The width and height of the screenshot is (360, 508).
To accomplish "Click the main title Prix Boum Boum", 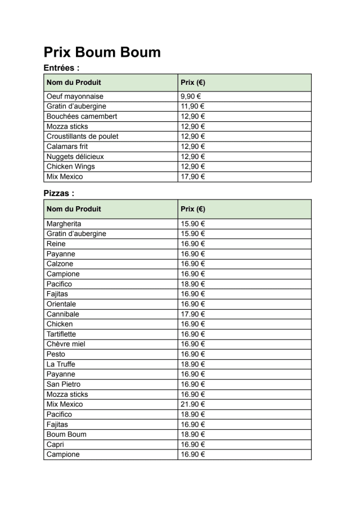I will (102, 52).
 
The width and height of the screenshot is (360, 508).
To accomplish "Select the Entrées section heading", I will (61, 68).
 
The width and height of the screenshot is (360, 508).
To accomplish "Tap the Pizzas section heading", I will (59, 193).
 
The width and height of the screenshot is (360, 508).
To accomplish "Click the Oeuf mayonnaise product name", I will (75, 96).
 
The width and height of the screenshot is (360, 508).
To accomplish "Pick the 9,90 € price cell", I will (192, 96).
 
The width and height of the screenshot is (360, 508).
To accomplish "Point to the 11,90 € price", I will (193, 106).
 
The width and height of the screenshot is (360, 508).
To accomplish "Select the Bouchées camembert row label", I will (82, 116).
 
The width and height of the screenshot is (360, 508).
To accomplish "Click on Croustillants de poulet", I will (82, 137).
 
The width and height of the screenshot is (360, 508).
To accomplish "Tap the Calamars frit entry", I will (67, 147).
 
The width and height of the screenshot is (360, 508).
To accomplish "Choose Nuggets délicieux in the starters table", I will (75, 157).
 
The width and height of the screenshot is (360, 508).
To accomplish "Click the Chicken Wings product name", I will (71, 166).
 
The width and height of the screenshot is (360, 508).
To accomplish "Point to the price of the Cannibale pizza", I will (193, 314).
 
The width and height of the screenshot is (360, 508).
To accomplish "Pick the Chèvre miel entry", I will (66, 344).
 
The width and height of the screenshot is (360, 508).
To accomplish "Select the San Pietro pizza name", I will (63, 384).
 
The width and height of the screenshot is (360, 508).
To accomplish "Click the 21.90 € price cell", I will (193, 405).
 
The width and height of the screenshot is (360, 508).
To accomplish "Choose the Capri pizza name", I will (55, 444).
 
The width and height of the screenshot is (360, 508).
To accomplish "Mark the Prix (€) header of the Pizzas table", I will (193, 209).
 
